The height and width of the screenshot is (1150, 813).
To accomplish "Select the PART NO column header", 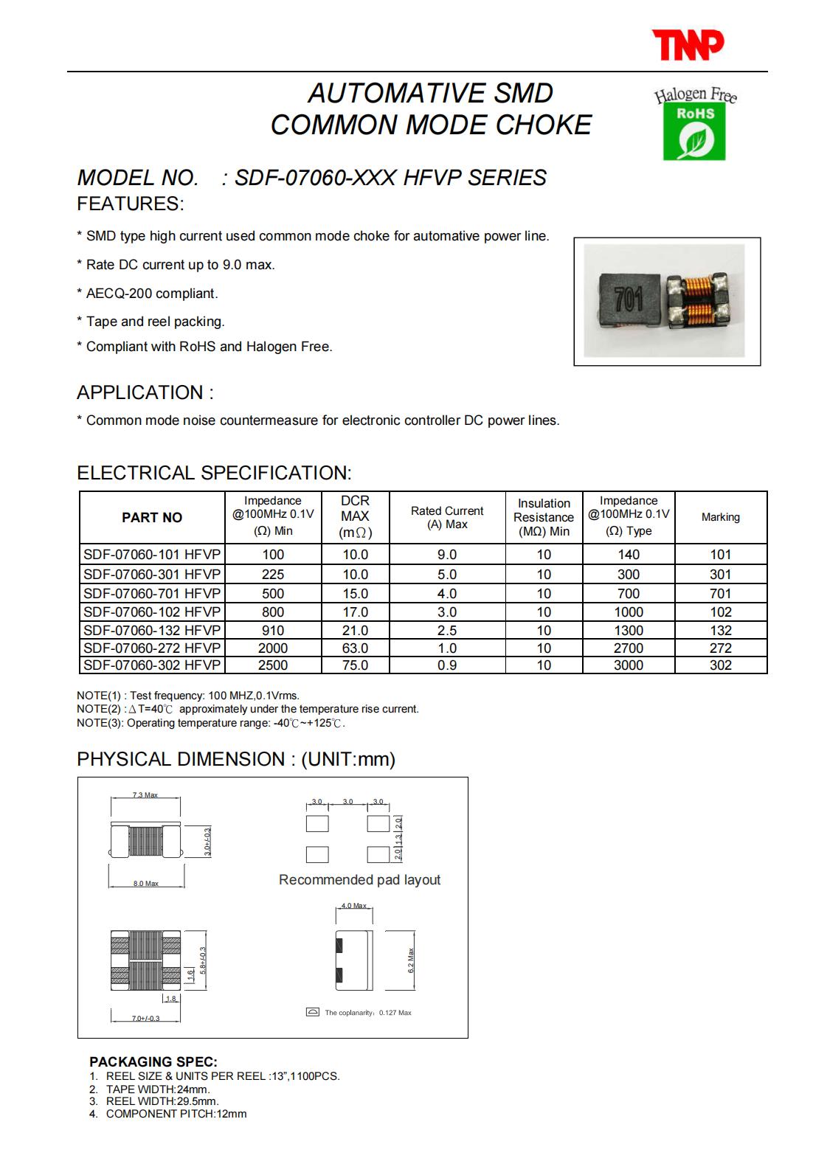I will (151, 518).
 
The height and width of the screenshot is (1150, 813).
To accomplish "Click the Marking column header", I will (720, 517).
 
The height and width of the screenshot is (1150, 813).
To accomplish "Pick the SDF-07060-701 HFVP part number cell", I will (151, 593).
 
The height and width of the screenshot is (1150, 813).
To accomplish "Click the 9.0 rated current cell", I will (446, 555).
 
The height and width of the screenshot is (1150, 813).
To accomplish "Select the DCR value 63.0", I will (355, 648).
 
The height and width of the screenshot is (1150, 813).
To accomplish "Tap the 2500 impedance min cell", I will (272, 665).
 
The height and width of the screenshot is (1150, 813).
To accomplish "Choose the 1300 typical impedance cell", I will (628, 630).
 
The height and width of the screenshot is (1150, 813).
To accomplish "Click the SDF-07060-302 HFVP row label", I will (151, 665).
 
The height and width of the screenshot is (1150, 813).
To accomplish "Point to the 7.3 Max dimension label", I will (145, 795).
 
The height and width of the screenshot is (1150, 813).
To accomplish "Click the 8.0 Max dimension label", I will (146, 883).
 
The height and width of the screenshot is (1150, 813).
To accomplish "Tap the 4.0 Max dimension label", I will (353, 905).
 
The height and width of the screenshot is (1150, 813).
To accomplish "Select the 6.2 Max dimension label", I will (411, 960).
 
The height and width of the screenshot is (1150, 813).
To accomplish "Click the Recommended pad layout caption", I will (359, 879).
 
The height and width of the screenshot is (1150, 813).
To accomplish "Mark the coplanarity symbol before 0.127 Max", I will (313, 1012).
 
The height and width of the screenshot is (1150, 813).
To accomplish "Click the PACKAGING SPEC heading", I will (153, 1061).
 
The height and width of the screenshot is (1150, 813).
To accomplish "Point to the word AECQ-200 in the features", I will (115, 293).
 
